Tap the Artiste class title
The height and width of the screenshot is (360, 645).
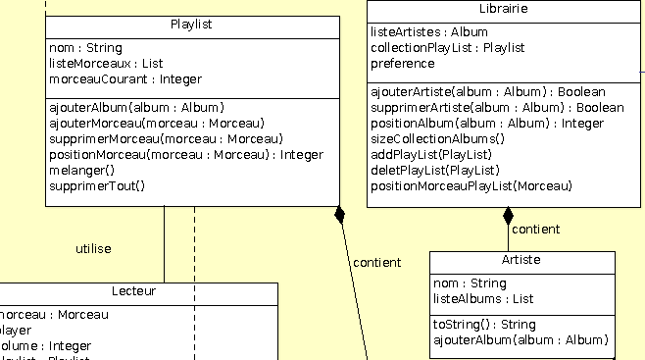pos(521,261)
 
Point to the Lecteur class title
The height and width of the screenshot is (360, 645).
pos(133,291)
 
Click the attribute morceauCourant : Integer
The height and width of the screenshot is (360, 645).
pos(125,78)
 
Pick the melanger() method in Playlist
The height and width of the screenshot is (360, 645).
pos(81,170)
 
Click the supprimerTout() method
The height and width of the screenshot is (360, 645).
pos(96,185)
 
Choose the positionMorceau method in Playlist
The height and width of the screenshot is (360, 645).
pos(185,154)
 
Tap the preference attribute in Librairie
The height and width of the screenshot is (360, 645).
pos(402,63)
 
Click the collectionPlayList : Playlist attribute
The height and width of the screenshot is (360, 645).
pos(447,47)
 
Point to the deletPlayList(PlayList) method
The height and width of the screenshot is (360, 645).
pos(429,170)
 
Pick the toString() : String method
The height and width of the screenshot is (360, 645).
pos(484,325)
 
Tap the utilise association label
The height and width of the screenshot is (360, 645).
pos(93,249)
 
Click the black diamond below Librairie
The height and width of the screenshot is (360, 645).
pos(508,216)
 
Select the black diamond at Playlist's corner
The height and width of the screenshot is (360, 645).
pos(340,214)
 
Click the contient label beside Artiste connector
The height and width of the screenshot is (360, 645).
pos(535,230)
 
